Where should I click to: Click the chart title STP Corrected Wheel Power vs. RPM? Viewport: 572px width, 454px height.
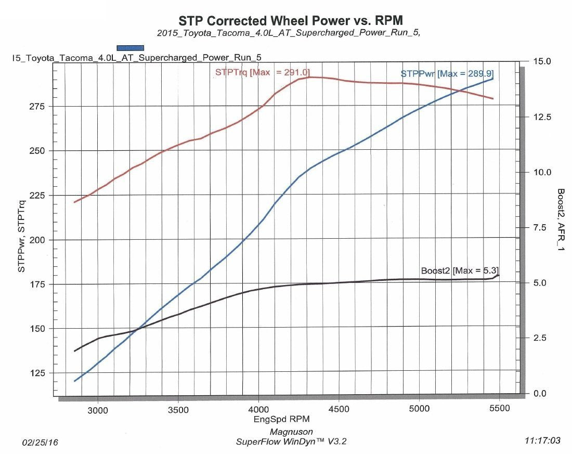(291, 20)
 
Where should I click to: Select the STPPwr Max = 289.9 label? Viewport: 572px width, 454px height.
(446, 74)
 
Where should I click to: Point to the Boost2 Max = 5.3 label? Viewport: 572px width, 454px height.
(460, 270)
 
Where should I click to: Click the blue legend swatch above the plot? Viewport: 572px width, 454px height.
(130, 48)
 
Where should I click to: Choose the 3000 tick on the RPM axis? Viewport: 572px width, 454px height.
(98, 409)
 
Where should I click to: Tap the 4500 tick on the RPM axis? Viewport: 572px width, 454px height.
(339, 409)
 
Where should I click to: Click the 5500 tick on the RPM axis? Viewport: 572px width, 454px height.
(499, 409)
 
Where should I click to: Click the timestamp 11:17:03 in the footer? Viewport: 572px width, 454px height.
(543, 441)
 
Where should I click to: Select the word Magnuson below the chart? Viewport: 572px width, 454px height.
(291, 432)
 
